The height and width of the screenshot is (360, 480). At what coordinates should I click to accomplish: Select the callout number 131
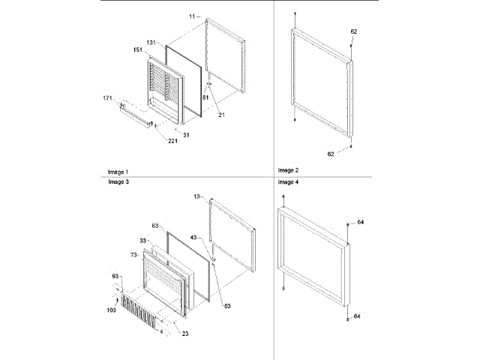coord(151,43)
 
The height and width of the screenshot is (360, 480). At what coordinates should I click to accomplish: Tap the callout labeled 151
coord(137,50)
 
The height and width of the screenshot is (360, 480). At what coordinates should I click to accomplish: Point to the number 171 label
coord(109,98)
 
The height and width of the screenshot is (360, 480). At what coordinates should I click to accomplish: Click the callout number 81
coord(205,97)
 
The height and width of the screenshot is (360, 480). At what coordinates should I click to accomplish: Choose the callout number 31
coord(186,135)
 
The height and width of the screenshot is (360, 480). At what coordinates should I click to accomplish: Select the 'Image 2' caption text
coord(289,170)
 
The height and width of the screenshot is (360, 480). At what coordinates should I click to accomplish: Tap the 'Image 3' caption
coord(118,182)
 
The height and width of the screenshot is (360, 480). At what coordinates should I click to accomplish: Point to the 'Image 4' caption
coord(289,182)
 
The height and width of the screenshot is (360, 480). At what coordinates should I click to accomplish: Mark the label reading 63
coord(156,224)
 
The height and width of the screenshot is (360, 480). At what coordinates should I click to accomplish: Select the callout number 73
coord(135,256)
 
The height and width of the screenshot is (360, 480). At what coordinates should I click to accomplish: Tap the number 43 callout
coord(194,238)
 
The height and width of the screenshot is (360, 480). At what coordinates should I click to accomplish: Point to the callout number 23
coord(184,333)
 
